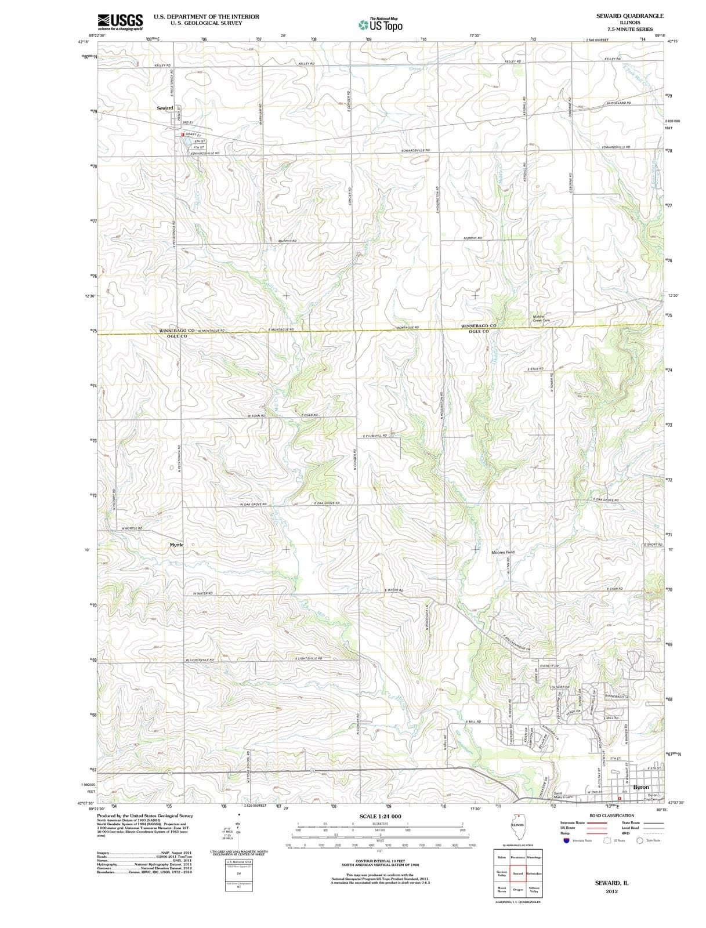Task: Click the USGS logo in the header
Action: point(120,21)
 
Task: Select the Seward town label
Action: point(165,108)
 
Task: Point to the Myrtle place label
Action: point(176,545)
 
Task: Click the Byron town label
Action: point(641,787)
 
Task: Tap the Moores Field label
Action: point(503,552)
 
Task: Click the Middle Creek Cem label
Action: point(541,318)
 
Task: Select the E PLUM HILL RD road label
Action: point(375,435)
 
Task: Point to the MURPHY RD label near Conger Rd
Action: point(287,241)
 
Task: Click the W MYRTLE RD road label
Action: point(132,528)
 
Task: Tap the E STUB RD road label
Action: point(535,369)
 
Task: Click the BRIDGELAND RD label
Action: point(618,103)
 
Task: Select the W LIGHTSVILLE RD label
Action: point(200,660)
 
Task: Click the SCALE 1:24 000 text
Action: point(380,816)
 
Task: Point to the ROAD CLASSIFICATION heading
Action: point(611,815)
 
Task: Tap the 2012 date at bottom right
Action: point(611,891)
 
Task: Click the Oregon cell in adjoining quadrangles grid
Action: point(518,890)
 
